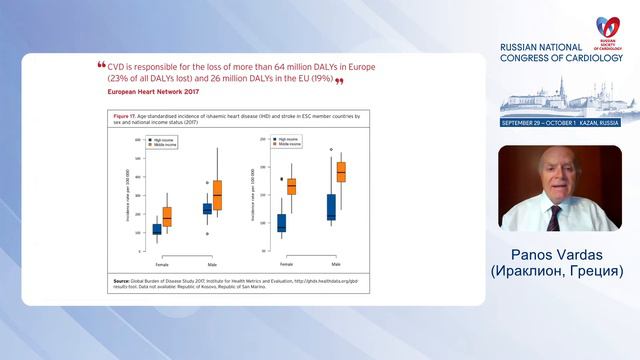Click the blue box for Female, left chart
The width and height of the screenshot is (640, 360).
click(x=157, y=229)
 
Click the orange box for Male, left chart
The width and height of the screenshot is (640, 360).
click(x=217, y=195)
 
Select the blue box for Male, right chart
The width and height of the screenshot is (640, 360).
click(x=331, y=207)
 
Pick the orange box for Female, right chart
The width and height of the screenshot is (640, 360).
click(x=292, y=186)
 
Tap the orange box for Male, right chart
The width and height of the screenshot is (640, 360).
click(x=341, y=172)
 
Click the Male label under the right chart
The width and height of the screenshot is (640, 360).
click(x=336, y=263)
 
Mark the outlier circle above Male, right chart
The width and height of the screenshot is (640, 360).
click(x=331, y=148)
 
